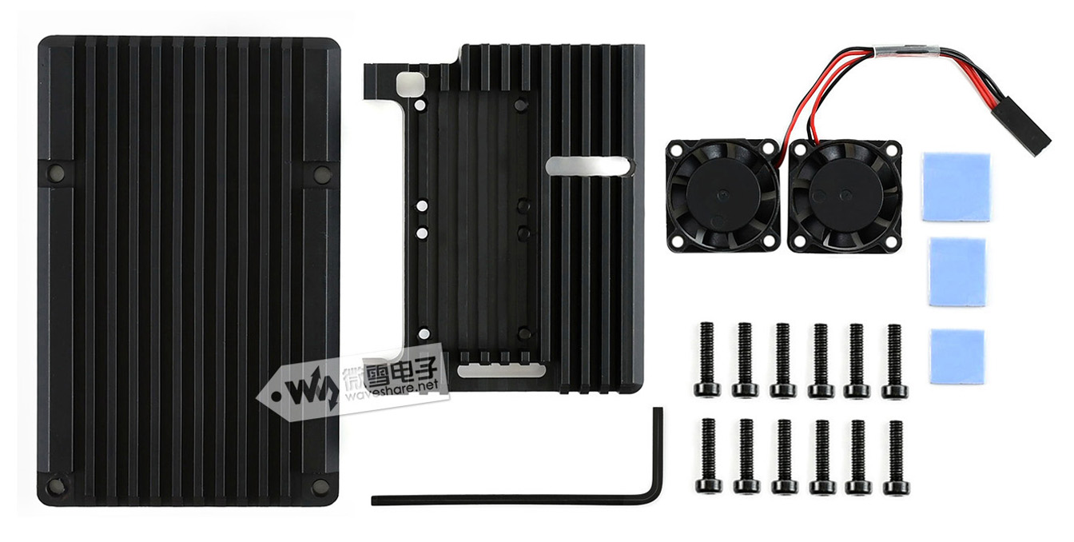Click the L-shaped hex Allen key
pos(518,500)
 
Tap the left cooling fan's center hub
pos(722,194)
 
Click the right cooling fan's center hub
pos(844,194)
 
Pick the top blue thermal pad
pos(956,187)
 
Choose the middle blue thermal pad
pos(957,272)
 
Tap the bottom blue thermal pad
pos(957,357)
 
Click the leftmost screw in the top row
pos(706,359)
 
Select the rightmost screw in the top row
pos(895,361)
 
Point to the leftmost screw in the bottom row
pos(708,455)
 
